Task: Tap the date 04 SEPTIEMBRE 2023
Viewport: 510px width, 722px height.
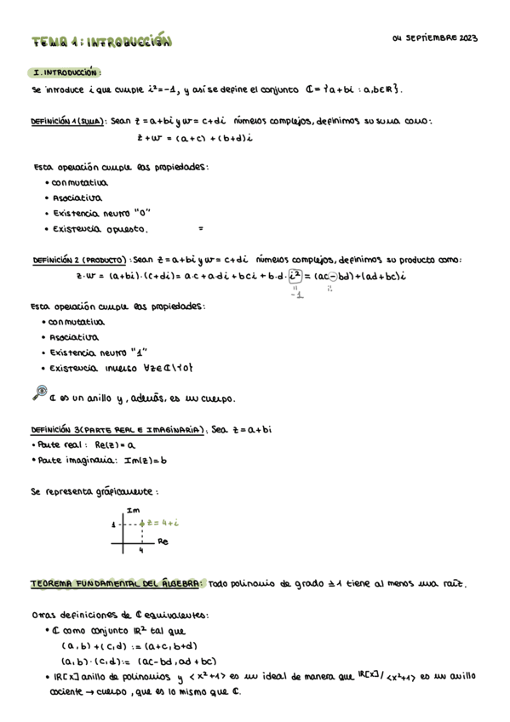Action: tap(436, 38)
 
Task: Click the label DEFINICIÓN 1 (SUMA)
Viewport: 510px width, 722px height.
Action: tap(67, 121)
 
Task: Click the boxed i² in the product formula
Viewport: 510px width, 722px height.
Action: tap(295, 275)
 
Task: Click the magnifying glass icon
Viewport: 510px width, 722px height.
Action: tap(38, 393)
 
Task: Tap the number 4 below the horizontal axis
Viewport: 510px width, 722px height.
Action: tap(141, 550)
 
